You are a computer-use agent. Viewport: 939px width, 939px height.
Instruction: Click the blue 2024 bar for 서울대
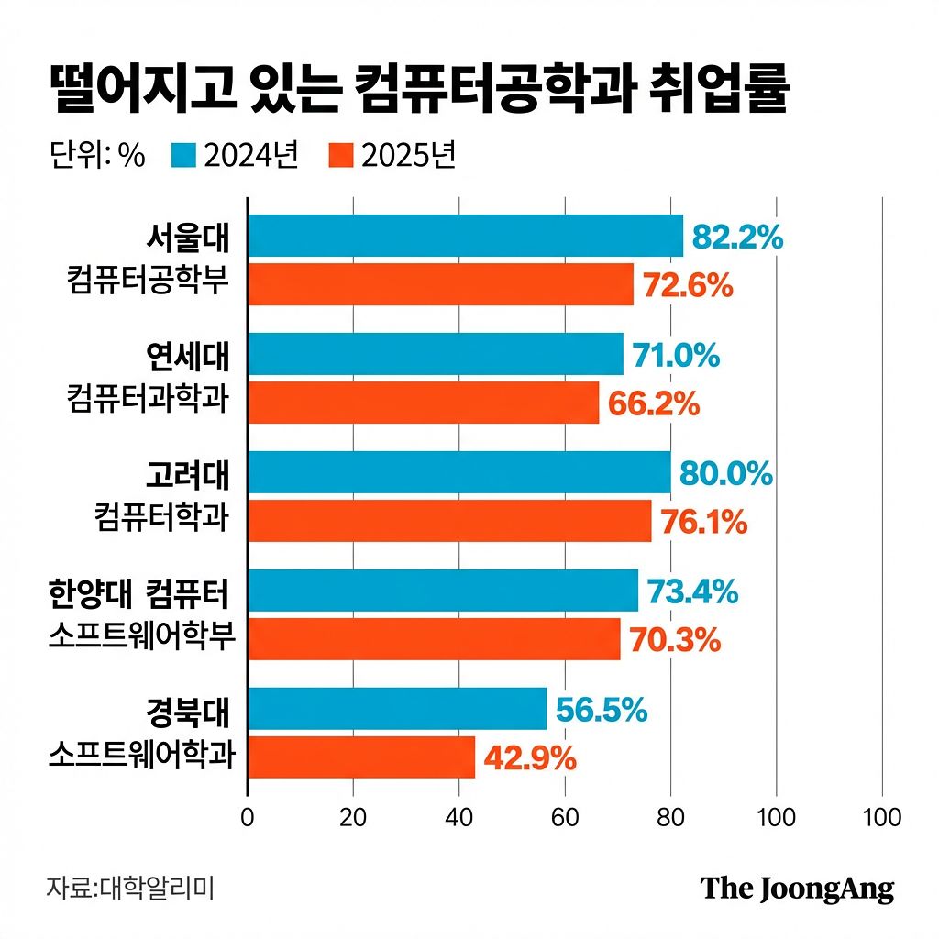(466, 236)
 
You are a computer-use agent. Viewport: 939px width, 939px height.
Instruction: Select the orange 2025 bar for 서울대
(441, 284)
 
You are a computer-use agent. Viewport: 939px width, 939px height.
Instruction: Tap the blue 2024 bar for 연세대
(436, 354)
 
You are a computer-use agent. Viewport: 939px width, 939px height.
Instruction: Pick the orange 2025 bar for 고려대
(449, 521)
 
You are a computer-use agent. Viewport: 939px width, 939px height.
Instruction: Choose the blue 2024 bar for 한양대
(443, 591)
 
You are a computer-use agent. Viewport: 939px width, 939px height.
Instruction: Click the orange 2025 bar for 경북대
(361, 757)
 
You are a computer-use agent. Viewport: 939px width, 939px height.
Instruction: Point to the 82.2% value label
(737, 237)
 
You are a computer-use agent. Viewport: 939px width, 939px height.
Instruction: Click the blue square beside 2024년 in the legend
(184, 155)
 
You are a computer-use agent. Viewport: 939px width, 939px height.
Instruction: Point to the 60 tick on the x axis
(565, 817)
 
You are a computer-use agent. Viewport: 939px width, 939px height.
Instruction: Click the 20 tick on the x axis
(353, 817)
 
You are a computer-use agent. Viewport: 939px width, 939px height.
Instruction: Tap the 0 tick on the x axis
(247, 817)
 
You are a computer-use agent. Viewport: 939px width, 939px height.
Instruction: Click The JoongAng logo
(797, 888)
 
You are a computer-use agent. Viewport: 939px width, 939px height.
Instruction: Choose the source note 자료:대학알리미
(130, 888)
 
